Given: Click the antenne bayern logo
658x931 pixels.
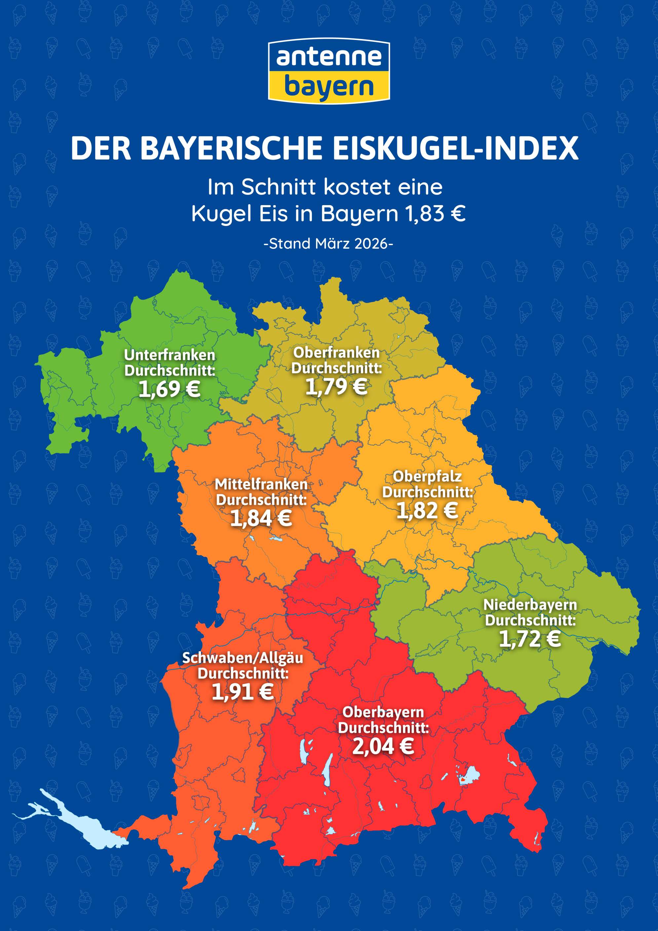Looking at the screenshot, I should point(329,71).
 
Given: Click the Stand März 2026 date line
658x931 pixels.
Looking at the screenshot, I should point(328,244).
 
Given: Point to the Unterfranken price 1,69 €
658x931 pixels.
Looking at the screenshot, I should point(169,389).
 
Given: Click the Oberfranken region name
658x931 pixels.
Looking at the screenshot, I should point(337,353).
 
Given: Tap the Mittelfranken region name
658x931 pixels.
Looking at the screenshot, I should point(261,484).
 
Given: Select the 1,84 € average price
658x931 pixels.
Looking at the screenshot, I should point(261,519).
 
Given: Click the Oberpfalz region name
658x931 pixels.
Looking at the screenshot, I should point(427,476).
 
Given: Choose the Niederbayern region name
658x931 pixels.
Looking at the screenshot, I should point(530,605).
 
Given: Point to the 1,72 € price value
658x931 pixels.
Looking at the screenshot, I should point(530,639).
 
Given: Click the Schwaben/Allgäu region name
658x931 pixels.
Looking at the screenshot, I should point(242,658).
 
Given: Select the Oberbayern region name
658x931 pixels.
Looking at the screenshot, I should point(383,712).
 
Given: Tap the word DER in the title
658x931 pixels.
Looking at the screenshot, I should point(101,148).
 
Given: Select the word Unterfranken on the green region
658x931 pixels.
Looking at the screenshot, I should point(169,355).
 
